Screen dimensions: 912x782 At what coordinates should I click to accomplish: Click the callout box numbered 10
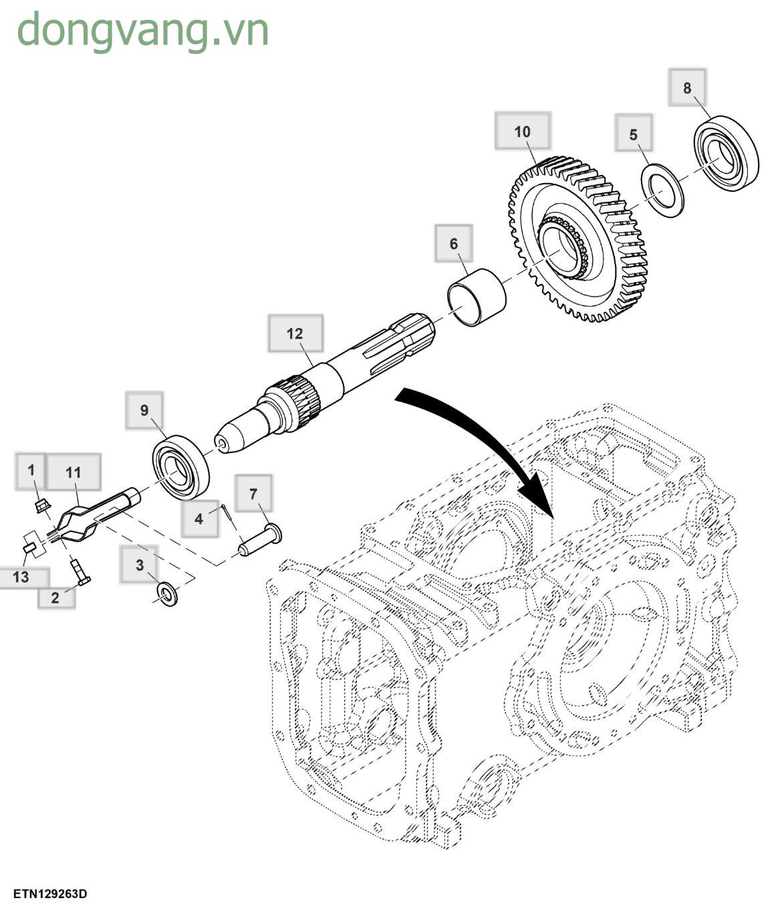(522, 131)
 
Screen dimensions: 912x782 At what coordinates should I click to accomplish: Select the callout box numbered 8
(687, 87)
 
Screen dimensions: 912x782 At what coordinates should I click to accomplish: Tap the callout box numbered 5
(633, 134)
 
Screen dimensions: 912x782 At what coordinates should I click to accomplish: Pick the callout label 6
(454, 243)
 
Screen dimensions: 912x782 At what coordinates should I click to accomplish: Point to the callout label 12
(295, 333)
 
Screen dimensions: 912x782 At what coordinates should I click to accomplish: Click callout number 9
(144, 410)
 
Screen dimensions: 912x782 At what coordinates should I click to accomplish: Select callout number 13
(21, 577)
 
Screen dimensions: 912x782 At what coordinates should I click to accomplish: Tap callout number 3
(139, 565)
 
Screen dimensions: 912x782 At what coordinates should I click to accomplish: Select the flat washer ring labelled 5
(663, 190)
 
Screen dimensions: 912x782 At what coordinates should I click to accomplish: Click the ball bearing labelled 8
(725, 154)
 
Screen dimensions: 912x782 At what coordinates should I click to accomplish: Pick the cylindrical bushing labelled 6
(477, 296)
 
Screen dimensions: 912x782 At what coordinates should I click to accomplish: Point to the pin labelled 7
(260, 541)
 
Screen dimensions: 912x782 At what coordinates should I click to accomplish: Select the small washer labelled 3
(166, 593)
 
